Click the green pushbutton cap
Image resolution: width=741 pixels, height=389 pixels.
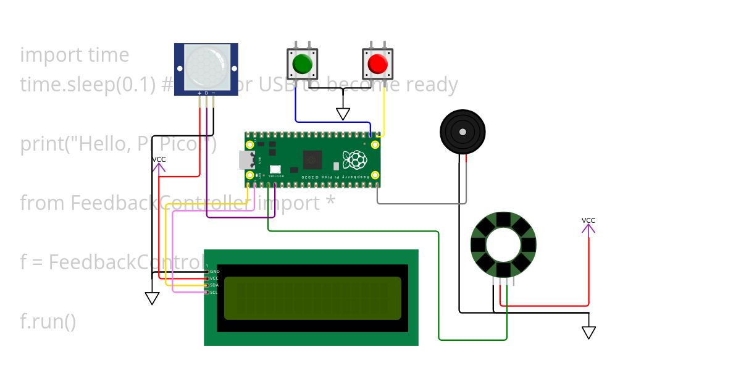pyautogui.click(x=302, y=64)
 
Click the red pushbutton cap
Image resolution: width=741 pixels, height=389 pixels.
pyautogui.click(x=377, y=64)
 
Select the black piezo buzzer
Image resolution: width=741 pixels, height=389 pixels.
pyautogui.click(x=463, y=132)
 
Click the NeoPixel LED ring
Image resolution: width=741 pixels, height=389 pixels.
pyautogui.click(x=503, y=245)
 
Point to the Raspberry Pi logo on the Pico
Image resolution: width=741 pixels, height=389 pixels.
pyautogui.click(x=356, y=160)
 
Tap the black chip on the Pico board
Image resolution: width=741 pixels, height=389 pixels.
pyautogui.click(x=311, y=160)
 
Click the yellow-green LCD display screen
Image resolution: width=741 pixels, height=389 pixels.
pyautogui.click(x=312, y=298)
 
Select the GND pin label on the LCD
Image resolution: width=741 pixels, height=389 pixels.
pyautogui.click(x=214, y=272)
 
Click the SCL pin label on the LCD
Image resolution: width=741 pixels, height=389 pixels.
pyautogui.click(x=214, y=292)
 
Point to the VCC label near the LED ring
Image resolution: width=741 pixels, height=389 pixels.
pyautogui.click(x=588, y=220)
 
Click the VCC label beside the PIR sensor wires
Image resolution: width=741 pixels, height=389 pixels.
pyautogui.click(x=159, y=159)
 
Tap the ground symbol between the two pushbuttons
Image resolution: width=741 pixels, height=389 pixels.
pyautogui.click(x=343, y=114)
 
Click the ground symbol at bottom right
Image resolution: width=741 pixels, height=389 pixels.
pyautogui.click(x=588, y=333)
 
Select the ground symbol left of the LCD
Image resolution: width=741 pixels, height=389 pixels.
pyautogui.click(x=152, y=299)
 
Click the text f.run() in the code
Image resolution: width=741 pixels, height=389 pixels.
pyautogui.click(x=48, y=322)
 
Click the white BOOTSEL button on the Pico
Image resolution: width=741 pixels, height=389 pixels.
pyautogui.click(x=275, y=169)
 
